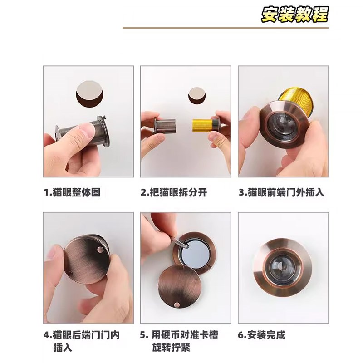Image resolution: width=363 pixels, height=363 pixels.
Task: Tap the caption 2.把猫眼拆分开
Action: point(173,192)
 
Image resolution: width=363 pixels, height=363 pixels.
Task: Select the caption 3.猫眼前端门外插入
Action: point(281,192)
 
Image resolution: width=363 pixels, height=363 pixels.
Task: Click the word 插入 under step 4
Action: point(62,348)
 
